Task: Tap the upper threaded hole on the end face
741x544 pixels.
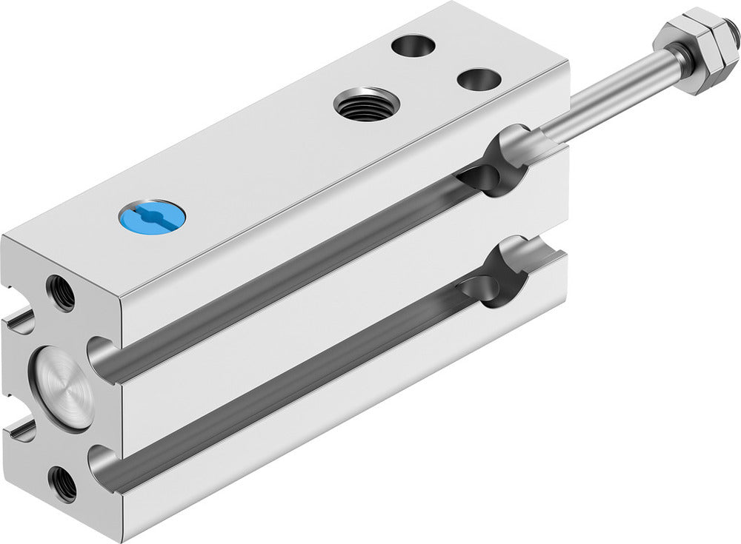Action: (61, 292)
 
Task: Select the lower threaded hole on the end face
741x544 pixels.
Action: (62, 485)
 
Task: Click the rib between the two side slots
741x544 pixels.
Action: (296, 326)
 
